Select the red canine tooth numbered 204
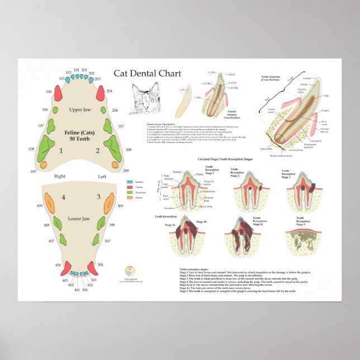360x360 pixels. tap(101, 93)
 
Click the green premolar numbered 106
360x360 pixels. tap(60, 110)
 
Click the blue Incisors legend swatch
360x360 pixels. tap(130, 182)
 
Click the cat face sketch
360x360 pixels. tap(144, 100)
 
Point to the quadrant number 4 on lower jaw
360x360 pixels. tap(63, 197)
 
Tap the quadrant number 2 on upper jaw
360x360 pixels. tap(97, 150)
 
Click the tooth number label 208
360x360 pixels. tap(129, 150)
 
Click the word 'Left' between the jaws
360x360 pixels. tap(102, 177)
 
